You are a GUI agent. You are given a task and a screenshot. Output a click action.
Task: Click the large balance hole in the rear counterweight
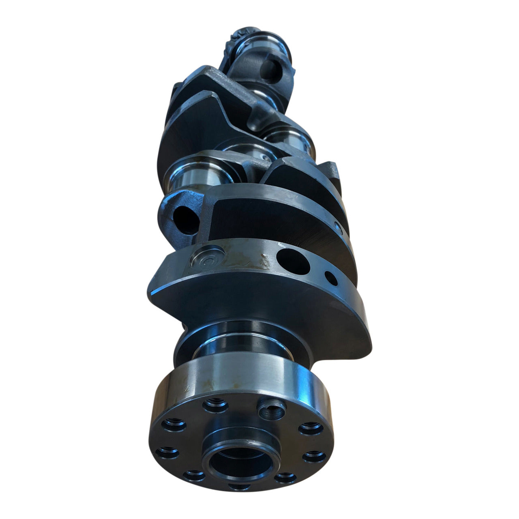pyautogui.click(x=293, y=261)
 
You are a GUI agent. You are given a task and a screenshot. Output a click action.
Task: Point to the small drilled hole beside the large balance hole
pyautogui.click(x=331, y=278)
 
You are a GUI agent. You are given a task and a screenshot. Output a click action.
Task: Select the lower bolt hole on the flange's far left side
pyautogui.click(x=167, y=452)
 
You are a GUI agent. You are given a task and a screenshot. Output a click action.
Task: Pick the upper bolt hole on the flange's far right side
pyautogui.click(x=311, y=428)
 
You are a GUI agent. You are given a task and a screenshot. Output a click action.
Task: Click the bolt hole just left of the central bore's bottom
pyautogui.click(x=194, y=475)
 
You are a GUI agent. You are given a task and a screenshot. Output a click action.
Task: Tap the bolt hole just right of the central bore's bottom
pyautogui.click(x=285, y=478)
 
